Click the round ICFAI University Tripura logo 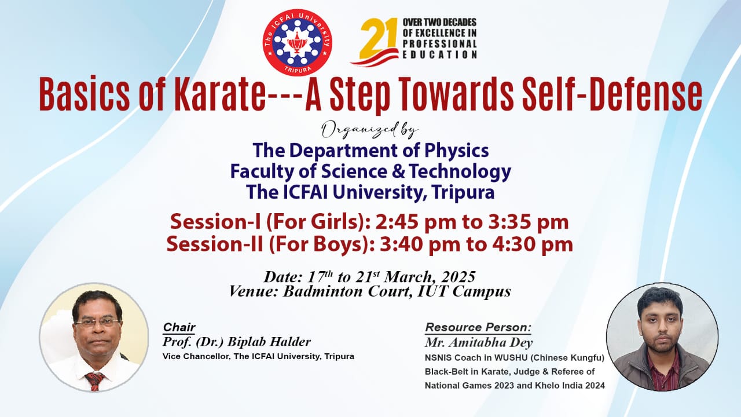pyautogui.click(x=298, y=42)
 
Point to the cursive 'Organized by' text pyautogui.click(x=370, y=130)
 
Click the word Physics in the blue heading pyautogui.click(x=457, y=151)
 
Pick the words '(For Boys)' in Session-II pyautogui.click(x=321, y=244)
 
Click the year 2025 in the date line pyautogui.click(x=458, y=277)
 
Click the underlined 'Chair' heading pyautogui.click(x=179, y=327)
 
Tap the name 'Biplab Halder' pyautogui.click(x=269, y=342)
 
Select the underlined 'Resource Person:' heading pyautogui.click(x=478, y=327)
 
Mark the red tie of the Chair pyautogui.click(x=95, y=381)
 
